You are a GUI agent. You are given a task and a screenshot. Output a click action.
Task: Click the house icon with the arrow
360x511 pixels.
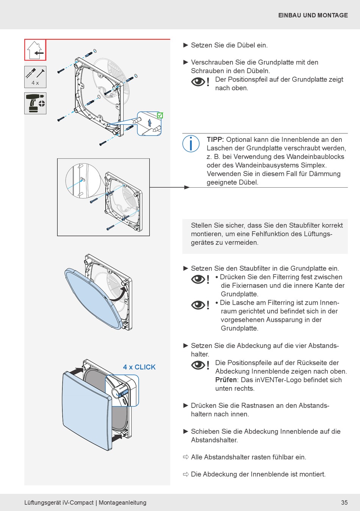[x=35, y=50]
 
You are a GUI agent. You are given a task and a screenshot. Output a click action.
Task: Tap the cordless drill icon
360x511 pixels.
[x=35, y=103]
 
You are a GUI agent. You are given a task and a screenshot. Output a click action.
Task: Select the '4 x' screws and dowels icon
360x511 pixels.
[x=35, y=77]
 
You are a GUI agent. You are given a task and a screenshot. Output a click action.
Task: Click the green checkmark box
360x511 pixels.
[x=160, y=115]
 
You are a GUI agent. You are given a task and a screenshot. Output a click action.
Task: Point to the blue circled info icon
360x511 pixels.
[x=191, y=144]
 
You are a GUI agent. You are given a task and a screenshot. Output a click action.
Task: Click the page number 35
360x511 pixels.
[x=344, y=503]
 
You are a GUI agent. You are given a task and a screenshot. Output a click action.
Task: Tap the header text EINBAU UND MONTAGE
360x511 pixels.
[x=313, y=16]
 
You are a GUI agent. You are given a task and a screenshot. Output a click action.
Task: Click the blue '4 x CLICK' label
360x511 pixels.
[x=139, y=367]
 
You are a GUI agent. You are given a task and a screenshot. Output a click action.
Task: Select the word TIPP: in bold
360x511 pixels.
[x=215, y=140]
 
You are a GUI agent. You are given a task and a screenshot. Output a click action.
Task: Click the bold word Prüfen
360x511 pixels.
[x=226, y=380]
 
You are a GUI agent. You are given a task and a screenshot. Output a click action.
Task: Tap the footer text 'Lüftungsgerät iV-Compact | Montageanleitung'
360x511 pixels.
[x=85, y=503]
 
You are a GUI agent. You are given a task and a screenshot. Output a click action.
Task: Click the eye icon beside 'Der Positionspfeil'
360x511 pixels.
[x=198, y=82]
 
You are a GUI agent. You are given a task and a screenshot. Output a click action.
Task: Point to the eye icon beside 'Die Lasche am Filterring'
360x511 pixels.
[x=198, y=305]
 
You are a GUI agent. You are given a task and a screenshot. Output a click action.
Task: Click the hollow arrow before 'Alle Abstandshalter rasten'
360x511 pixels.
[x=186, y=457]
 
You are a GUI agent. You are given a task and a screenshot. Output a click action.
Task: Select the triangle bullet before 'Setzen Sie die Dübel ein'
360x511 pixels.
[x=186, y=45]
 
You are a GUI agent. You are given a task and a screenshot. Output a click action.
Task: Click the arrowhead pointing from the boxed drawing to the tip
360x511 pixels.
[x=186, y=187]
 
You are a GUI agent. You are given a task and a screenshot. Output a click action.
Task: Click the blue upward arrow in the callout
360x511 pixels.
[x=150, y=122]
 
